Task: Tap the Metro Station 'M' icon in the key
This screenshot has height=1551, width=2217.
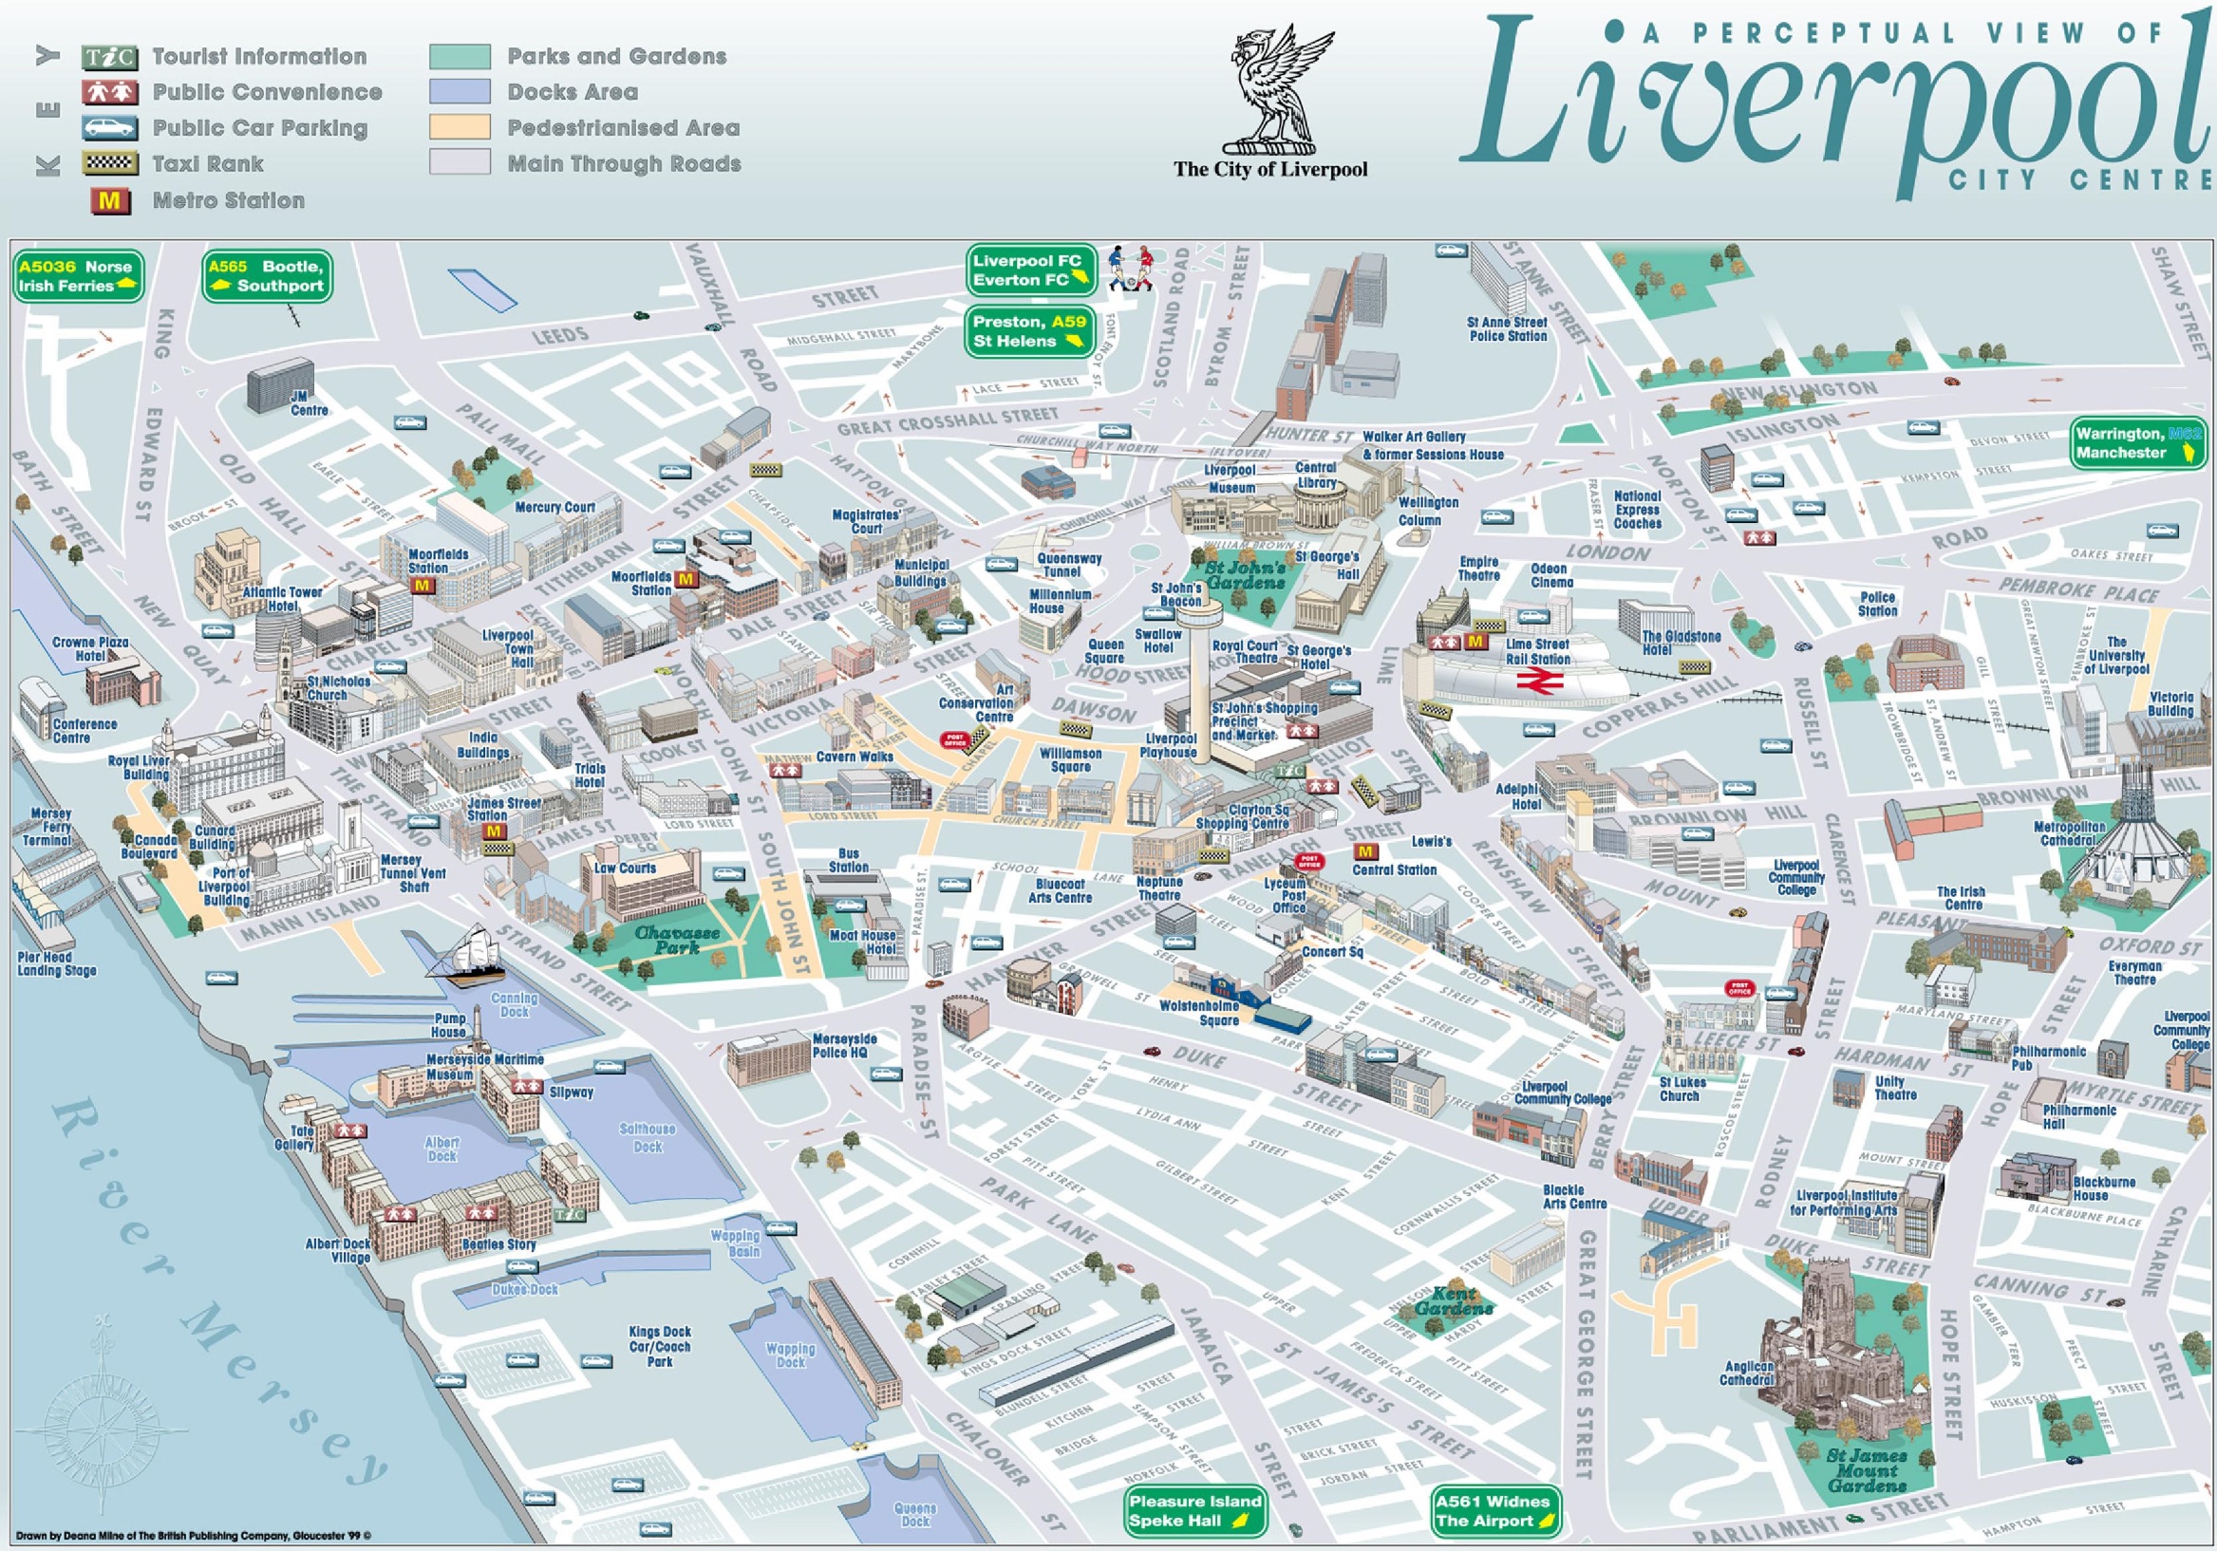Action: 110,200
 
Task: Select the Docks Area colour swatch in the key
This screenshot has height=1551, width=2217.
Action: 460,92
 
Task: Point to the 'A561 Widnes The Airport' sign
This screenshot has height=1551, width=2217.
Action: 1493,1510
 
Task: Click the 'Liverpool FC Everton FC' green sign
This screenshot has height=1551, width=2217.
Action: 1030,271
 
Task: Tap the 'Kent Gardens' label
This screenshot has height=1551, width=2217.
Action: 1455,1301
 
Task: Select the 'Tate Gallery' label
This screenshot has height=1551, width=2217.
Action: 294,1138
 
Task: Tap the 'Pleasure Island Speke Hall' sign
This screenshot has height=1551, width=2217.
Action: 1194,1510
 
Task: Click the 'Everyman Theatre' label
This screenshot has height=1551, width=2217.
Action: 2134,972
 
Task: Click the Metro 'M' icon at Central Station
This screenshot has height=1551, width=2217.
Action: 1365,851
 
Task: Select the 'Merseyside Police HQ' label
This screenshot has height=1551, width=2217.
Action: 844,1045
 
